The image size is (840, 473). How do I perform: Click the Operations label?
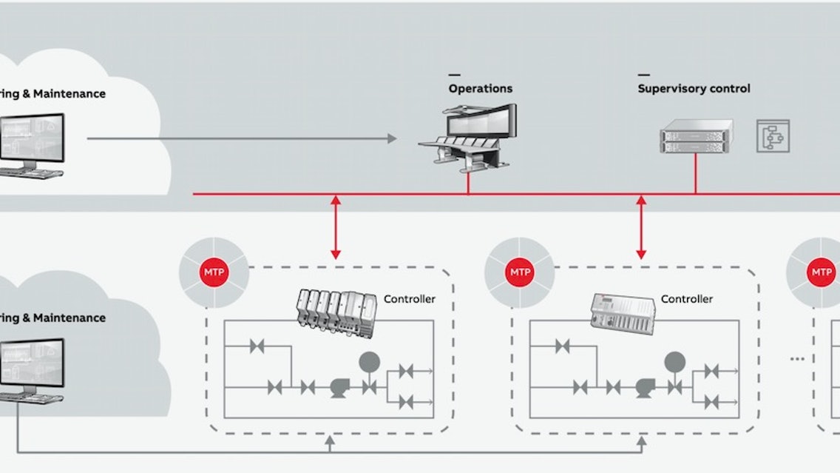[x=480, y=88]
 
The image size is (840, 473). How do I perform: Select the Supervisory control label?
[x=694, y=88]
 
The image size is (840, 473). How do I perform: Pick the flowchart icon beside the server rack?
[x=773, y=136]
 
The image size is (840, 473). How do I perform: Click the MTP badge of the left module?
[x=215, y=272]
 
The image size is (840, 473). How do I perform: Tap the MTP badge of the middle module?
[x=518, y=272]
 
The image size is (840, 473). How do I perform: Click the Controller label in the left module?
[x=409, y=299]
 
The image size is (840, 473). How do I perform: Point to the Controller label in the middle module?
[x=686, y=299]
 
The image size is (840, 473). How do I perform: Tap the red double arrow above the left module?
[x=336, y=227]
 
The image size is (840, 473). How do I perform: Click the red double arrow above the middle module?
[x=641, y=227]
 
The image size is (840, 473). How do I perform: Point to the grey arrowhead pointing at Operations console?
[x=392, y=138]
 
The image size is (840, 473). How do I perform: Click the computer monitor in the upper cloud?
[x=32, y=141]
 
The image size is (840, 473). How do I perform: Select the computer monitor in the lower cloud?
[x=32, y=365]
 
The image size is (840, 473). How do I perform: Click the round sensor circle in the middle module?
[x=674, y=361]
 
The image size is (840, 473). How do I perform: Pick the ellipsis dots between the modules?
[x=796, y=359]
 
